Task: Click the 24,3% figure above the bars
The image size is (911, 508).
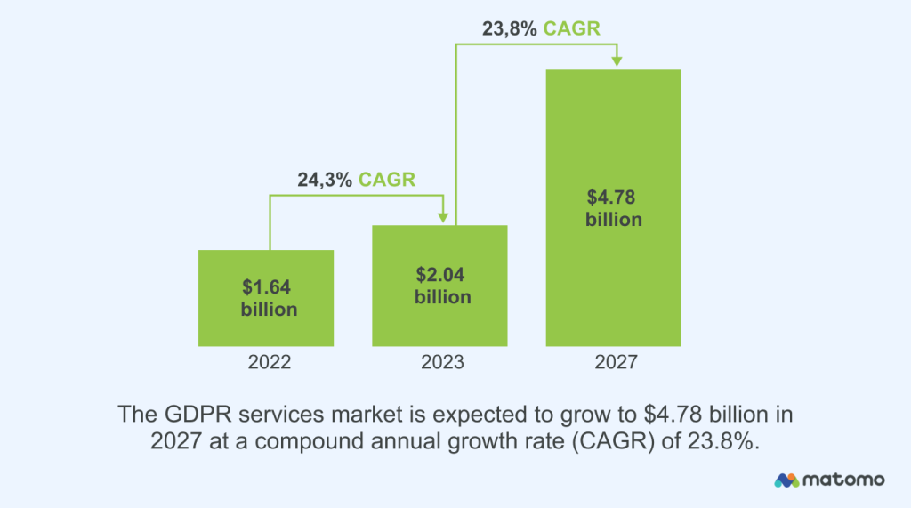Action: coord(324,181)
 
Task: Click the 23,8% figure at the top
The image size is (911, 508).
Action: coord(509,28)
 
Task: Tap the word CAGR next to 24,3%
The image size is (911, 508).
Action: coord(387,181)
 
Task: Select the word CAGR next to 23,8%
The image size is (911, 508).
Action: coord(572,28)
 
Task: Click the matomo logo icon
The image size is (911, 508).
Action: coord(786,480)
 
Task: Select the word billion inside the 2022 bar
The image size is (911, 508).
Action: coord(269,310)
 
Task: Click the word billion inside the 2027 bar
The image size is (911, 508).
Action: coord(613,219)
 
